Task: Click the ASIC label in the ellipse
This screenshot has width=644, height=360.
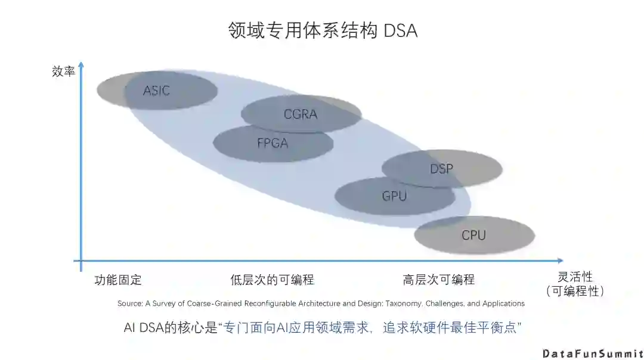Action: (156, 91)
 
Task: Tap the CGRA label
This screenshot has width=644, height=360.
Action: (301, 114)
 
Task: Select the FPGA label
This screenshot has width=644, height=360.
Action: (273, 143)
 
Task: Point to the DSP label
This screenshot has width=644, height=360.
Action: (441, 169)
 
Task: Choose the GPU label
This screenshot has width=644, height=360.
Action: (394, 195)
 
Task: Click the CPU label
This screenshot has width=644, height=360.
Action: (473, 235)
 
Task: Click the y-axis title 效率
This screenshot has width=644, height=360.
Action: (63, 72)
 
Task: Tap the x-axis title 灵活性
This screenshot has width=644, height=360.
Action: (575, 277)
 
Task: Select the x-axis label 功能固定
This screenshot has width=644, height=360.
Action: (118, 280)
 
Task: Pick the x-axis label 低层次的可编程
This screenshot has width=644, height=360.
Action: (272, 280)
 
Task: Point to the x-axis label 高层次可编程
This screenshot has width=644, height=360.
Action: (438, 280)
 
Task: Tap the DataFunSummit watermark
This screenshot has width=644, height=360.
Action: (592, 353)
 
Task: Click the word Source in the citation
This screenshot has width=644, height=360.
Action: (129, 303)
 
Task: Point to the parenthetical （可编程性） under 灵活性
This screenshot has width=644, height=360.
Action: (575, 291)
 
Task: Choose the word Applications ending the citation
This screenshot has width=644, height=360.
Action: (503, 303)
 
